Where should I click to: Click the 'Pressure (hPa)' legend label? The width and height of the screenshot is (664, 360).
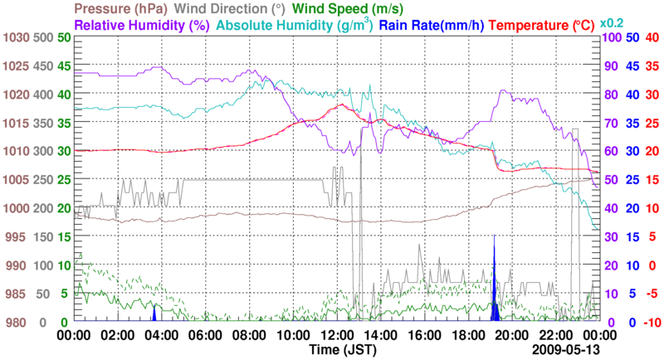coord(124,9)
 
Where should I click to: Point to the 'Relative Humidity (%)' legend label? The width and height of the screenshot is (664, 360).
coord(139,25)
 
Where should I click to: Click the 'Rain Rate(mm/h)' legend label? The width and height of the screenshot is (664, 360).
coord(432,25)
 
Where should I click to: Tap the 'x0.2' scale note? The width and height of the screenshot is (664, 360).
coord(612,22)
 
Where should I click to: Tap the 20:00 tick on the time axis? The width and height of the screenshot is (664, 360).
coord(513,335)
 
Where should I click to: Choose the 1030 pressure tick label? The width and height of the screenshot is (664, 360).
coord(16,37)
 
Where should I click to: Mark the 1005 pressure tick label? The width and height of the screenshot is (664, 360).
coord(16,180)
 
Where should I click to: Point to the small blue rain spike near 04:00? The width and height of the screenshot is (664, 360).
coord(154,314)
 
